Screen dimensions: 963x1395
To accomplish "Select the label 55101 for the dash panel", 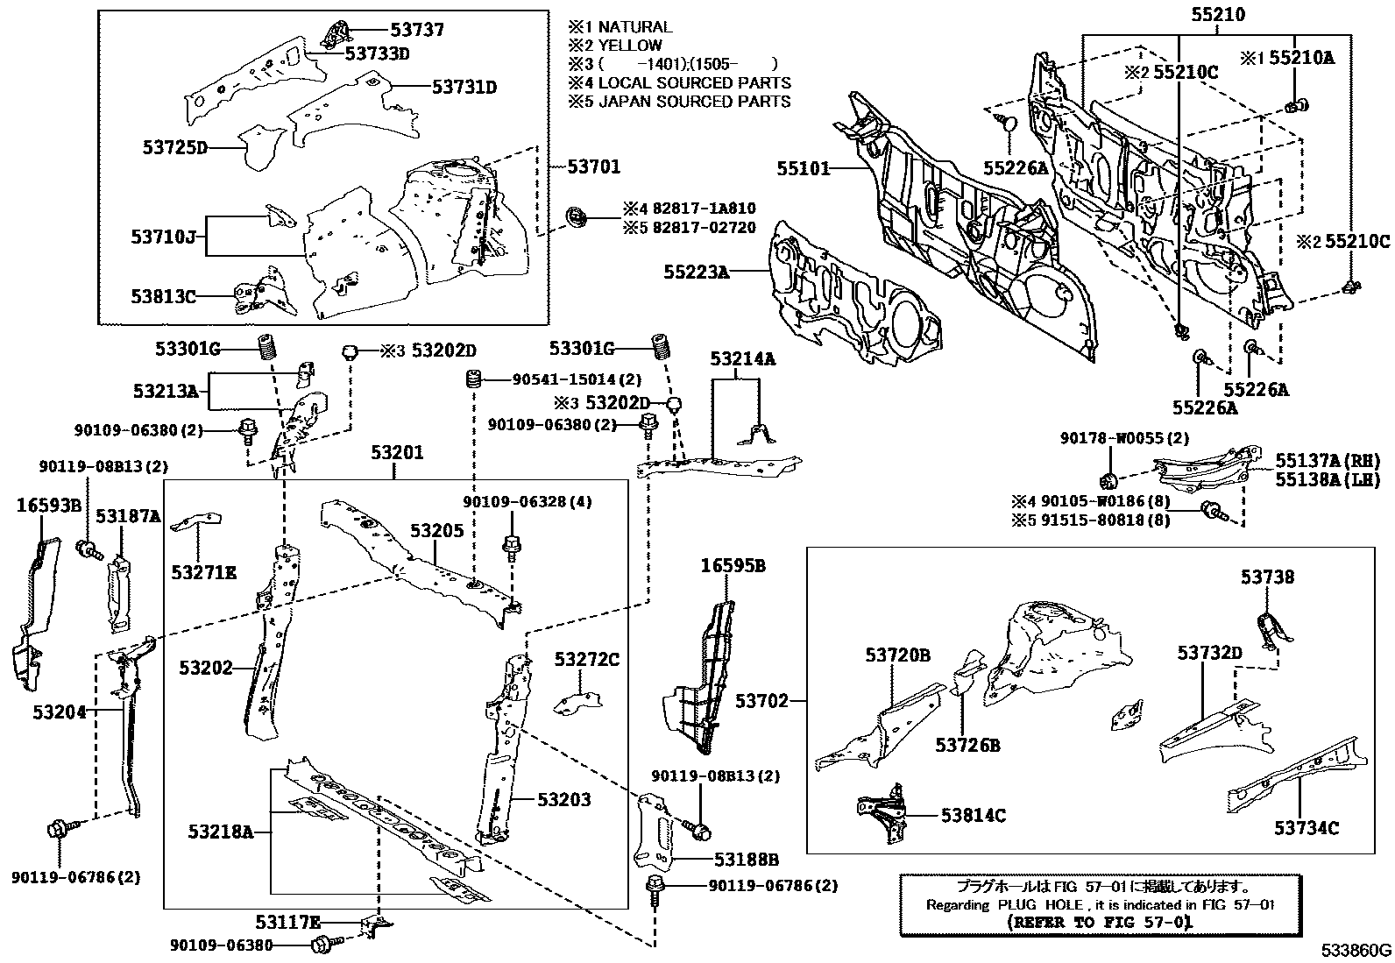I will point(803,167).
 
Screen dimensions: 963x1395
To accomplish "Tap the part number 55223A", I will point(696,273).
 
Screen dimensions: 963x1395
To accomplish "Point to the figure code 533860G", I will point(1357,951).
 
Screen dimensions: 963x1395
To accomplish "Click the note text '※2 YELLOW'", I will point(615,46).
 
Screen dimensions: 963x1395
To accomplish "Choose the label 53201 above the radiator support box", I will point(396,453).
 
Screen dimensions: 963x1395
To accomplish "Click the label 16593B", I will point(49,505).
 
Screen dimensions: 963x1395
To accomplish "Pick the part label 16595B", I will point(733,566).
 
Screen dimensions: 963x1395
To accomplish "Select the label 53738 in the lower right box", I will point(1267,577).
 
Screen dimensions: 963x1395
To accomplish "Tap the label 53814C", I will point(973,816).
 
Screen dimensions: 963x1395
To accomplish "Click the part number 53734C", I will point(1306,827).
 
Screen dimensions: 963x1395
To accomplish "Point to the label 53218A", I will point(220,831).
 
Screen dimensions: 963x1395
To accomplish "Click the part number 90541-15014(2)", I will point(576,379).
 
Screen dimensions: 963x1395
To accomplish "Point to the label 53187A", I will point(128,517).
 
